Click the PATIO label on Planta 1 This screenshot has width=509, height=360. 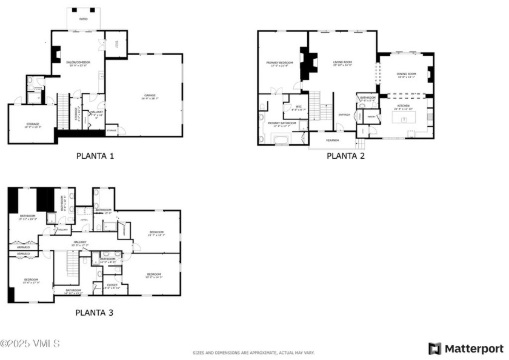pyautogui.click(x=83, y=19)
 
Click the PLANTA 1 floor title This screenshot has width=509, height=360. pyautogui.click(x=95, y=156)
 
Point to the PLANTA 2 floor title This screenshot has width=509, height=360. pyautogui.click(x=345, y=156)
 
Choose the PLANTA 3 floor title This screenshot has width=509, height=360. pyautogui.click(x=94, y=313)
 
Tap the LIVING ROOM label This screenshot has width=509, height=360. pyautogui.click(x=342, y=62)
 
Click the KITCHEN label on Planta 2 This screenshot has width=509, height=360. pyautogui.click(x=403, y=106)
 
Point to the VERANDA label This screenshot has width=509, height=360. pyautogui.click(x=333, y=141)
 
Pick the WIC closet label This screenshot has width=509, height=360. pyautogui.click(x=299, y=108)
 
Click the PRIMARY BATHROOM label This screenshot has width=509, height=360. pyautogui.click(x=282, y=124)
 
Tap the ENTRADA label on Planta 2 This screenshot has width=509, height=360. pyautogui.click(x=344, y=115)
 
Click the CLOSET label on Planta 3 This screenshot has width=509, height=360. pyautogui.click(x=112, y=284)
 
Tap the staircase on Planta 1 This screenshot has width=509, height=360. pyautogui.click(x=63, y=112)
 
